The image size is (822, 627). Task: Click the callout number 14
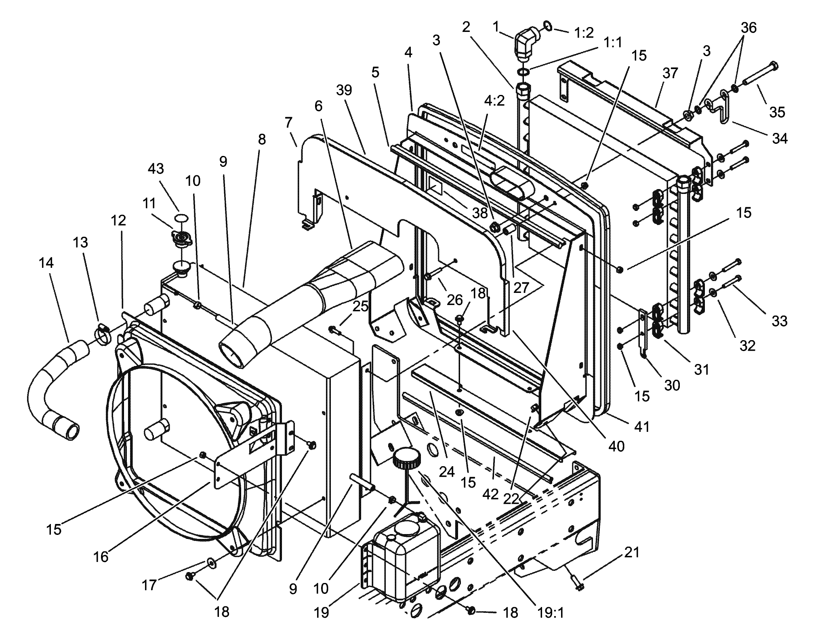(46, 263)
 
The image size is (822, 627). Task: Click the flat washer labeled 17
(211, 562)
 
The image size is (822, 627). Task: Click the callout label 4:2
(494, 101)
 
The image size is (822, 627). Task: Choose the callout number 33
(779, 321)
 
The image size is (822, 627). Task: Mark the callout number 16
(101, 556)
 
